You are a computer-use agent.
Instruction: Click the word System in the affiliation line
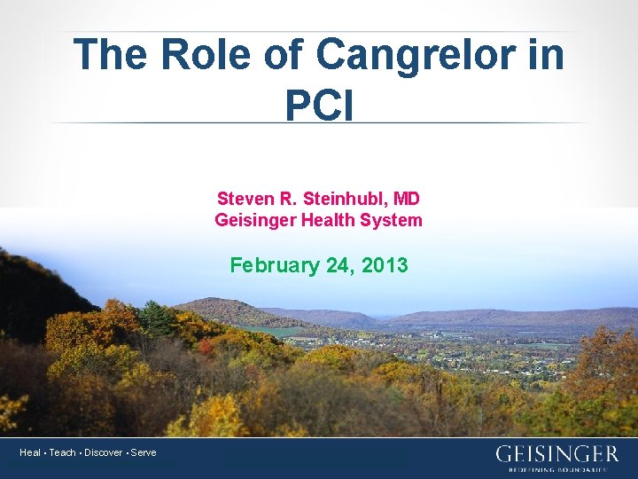pos(392,219)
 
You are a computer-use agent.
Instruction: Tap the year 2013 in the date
pos(385,264)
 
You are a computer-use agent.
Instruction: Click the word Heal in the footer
pos(30,452)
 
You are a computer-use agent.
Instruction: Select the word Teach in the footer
pos(62,452)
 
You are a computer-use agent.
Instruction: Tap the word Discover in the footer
pos(103,452)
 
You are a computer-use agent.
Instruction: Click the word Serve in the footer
pos(143,452)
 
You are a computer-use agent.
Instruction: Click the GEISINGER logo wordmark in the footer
pos(556,454)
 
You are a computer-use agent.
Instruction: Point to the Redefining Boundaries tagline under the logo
pos(557,469)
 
